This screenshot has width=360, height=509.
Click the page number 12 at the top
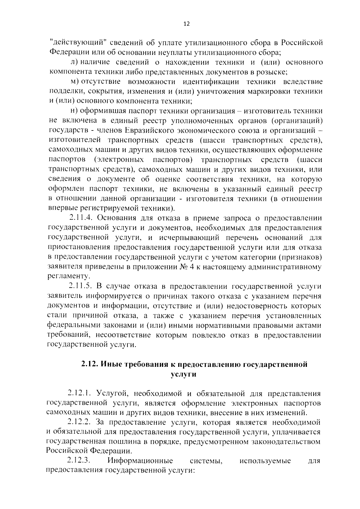click(x=186, y=24)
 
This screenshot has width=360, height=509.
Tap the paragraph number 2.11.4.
click(x=79, y=218)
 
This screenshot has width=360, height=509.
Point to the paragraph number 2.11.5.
click(x=79, y=286)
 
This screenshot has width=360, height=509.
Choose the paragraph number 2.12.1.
click(x=79, y=393)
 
